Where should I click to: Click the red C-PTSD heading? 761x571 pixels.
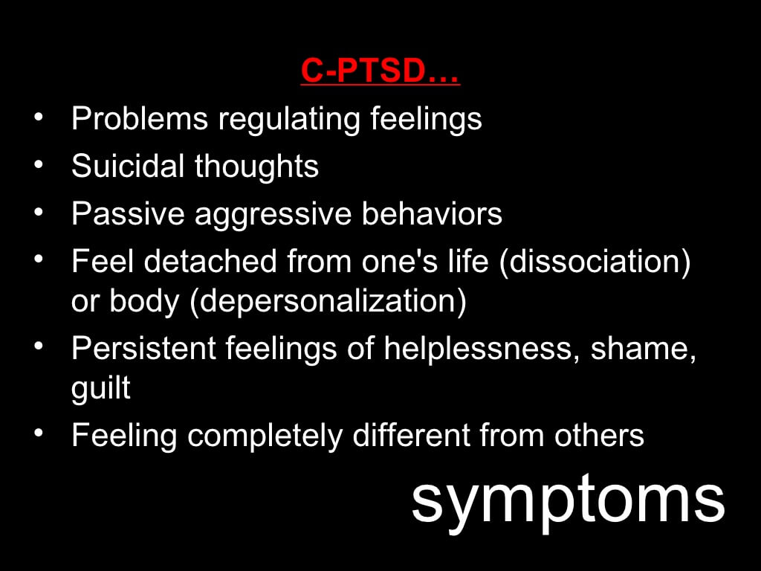point(380,71)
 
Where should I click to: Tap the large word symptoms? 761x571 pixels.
point(569,501)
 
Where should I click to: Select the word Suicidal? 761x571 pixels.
point(128,166)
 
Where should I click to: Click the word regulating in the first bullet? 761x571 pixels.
point(289,120)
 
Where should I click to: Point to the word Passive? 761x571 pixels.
point(128,213)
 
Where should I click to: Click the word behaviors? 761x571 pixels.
point(432,213)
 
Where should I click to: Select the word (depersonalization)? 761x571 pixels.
point(328,302)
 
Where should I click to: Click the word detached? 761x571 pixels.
point(210,261)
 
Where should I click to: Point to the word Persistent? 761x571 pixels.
point(143,348)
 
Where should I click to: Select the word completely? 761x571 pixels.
point(265,436)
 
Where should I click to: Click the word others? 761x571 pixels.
point(600,434)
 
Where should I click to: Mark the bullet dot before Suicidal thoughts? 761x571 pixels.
point(39,164)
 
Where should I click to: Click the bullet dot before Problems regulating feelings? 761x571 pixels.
point(39,117)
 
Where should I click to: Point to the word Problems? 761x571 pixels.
point(140,118)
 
